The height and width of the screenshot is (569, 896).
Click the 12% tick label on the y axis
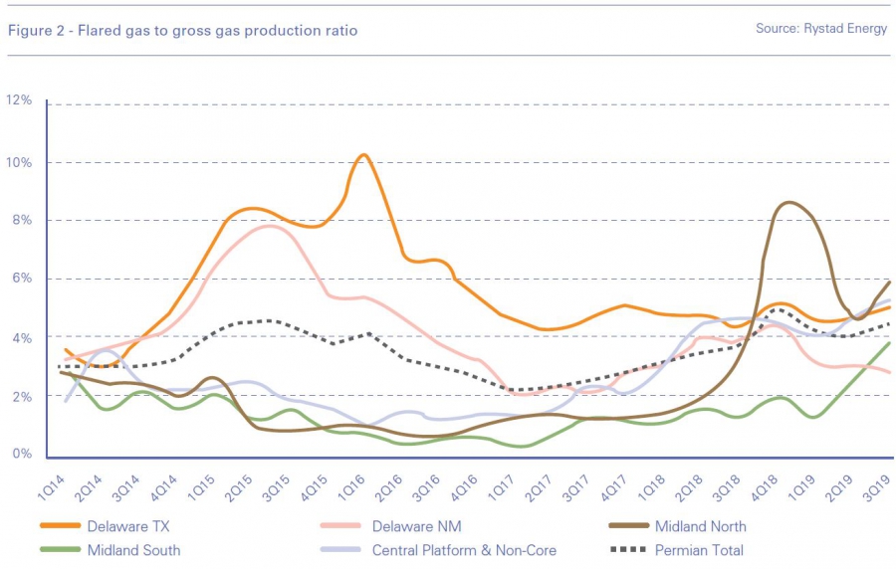[x=19, y=100]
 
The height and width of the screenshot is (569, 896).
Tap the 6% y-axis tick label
[x=19, y=279]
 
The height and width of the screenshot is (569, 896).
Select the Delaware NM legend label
[x=417, y=525]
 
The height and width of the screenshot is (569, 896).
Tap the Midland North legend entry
[x=701, y=525]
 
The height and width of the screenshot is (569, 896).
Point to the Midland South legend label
[x=133, y=550]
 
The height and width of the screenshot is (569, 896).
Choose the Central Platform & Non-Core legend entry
[x=464, y=550]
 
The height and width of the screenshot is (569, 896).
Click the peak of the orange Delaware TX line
[x=364, y=155]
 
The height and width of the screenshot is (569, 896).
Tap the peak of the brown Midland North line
[x=789, y=203]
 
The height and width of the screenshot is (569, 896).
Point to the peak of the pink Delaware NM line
[x=271, y=226]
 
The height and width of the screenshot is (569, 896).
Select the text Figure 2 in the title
[x=34, y=31]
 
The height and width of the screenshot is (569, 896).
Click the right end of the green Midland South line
[x=889, y=343]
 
